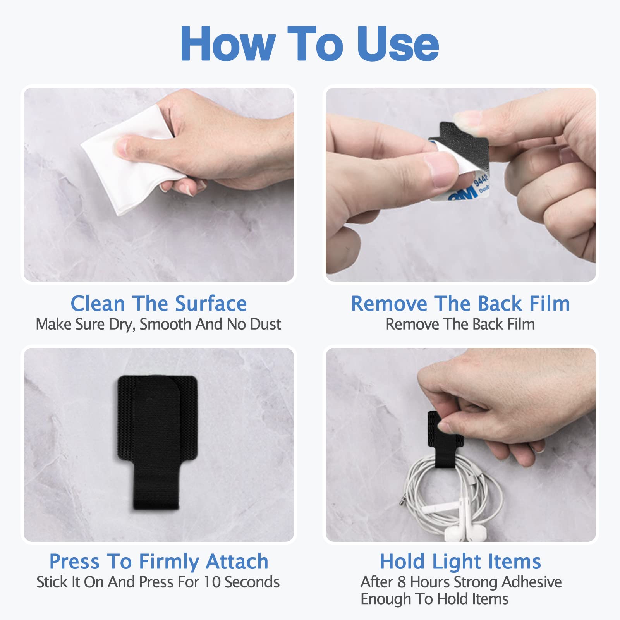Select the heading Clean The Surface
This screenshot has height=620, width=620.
[x=158, y=303]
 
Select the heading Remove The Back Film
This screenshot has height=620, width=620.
[x=460, y=303]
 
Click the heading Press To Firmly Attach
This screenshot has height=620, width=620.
[x=158, y=561]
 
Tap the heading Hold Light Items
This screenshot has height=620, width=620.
[x=460, y=561]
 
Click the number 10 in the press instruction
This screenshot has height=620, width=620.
[x=212, y=582]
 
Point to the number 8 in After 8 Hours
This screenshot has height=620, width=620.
[x=402, y=582]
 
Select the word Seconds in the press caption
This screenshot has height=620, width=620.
[x=252, y=582]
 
